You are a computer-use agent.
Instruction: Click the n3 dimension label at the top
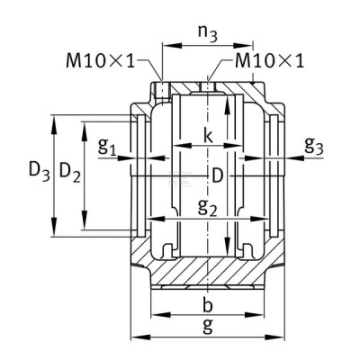point(207,34)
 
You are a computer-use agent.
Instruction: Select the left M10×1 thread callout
point(101,61)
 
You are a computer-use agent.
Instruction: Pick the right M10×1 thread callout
point(269,61)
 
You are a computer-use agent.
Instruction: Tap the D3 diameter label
point(39,172)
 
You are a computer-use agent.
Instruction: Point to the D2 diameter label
point(70,173)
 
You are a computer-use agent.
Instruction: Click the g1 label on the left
point(107,147)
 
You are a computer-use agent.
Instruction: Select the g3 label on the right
point(314,146)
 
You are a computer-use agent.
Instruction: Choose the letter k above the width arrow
point(208,135)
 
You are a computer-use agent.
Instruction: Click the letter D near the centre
point(218,175)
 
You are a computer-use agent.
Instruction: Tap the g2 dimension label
point(207,207)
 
